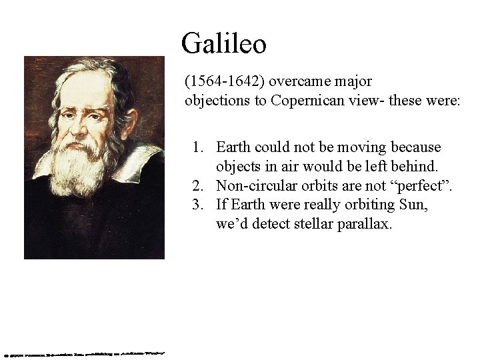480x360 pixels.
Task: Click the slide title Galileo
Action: (224, 44)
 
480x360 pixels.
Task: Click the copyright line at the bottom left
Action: (83, 353)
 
